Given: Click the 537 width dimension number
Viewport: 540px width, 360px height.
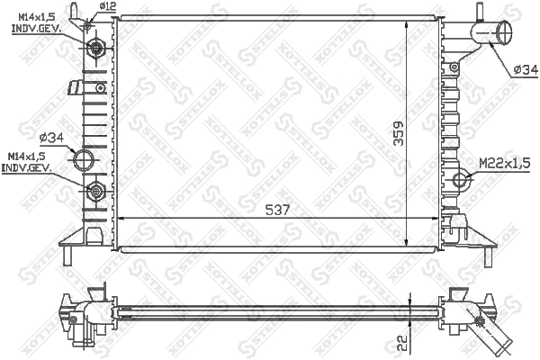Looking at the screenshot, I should [x=279, y=210].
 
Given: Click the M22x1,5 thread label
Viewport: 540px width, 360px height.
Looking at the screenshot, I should [x=502, y=162].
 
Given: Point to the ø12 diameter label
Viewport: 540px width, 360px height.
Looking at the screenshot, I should [x=107, y=6].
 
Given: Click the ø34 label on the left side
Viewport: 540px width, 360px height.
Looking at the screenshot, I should [x=50, y=138].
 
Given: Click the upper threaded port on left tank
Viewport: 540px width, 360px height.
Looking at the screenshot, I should [x=95, y=47].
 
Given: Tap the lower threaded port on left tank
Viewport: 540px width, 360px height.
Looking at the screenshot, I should [x=95, y=190].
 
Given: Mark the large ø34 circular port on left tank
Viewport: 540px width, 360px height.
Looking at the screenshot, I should [x=84, y=162].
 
